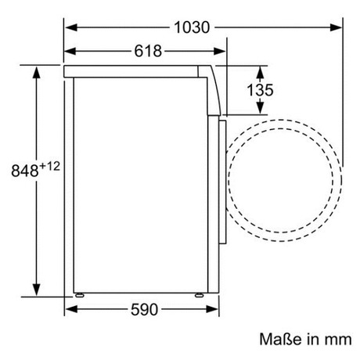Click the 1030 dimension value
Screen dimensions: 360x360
pos(192,27)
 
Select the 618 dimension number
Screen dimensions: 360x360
pos(148,51)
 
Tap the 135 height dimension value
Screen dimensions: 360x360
pos(260,90)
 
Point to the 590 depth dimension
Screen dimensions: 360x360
pos(144,310)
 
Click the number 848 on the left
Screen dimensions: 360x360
pos(25,171)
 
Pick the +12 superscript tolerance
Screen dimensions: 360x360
pos(49,166)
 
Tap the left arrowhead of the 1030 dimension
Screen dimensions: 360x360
pos(71,27)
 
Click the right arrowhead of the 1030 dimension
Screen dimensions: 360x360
pos(336,27)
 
